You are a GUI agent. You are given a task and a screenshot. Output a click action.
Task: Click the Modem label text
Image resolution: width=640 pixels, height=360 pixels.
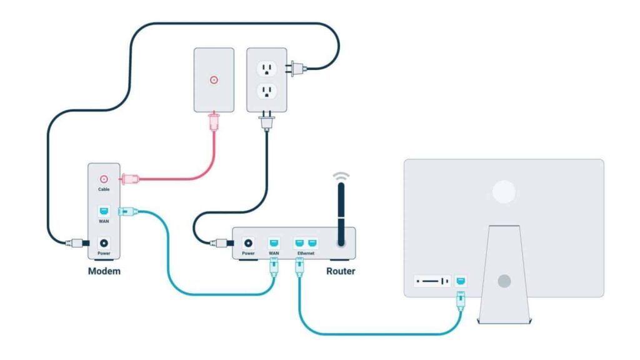point(104,271)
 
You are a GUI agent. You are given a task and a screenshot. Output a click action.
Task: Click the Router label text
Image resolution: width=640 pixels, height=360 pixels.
point(341,271)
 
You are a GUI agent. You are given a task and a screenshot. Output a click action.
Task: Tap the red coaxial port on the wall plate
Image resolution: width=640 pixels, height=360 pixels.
point(214,80)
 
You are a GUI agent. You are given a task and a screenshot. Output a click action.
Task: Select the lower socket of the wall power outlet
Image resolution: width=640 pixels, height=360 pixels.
point(267,92)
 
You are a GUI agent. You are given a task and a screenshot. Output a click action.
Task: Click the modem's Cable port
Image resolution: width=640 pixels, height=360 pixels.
point(104,179)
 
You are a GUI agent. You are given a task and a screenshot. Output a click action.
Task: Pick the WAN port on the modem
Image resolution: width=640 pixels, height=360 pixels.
point(104,211)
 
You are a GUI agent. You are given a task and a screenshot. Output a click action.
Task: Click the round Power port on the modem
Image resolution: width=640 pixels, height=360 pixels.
point(104,242)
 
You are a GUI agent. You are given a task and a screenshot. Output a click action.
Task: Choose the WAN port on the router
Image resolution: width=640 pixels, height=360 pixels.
point(273,242)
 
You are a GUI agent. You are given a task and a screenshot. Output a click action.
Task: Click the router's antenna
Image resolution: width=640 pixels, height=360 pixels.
point(341,215)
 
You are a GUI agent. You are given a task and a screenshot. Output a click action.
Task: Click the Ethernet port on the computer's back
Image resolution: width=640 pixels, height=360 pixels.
point(461,281)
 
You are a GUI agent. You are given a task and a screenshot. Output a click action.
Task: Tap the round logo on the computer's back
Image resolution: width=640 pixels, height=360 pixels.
point(504,192)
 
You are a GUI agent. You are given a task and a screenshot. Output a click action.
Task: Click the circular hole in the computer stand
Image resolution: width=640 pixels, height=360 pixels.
point(504,281)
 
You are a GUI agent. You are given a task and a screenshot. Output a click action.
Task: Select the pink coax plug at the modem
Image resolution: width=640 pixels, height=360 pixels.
point(128,179)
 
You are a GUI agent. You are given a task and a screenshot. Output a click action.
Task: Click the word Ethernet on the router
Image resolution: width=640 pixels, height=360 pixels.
point(306,253)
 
